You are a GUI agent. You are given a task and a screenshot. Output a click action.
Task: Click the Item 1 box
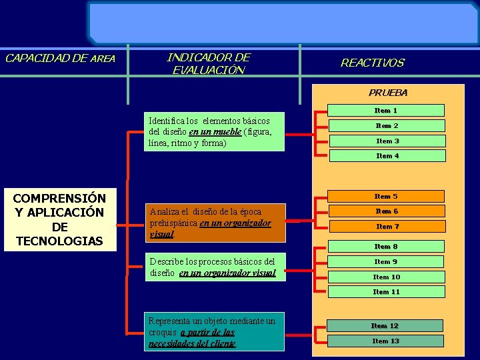pos(386,111)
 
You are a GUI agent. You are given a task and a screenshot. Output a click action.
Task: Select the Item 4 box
pos(387,156)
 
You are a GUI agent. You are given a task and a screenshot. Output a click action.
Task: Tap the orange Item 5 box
pos(386,197)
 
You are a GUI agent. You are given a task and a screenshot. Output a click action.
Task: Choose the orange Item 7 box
pos(387,227)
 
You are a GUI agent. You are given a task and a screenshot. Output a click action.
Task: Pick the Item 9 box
pos(386,262)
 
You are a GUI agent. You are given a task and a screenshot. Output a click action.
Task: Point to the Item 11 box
pos(387,292)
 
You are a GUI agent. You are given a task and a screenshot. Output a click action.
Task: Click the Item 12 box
pos(385,326)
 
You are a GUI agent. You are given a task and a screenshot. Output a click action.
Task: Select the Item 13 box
pos(385,341)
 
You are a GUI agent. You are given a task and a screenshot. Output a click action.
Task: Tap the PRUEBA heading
pos(388,93)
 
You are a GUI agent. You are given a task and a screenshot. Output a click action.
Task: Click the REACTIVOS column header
pos(372,63)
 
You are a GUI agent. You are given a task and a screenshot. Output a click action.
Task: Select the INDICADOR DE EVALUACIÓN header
pos(209,63)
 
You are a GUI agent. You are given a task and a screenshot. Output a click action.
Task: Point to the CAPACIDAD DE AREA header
pos(60,58)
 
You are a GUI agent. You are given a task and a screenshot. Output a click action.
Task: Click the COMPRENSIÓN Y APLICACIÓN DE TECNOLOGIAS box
pos(59,219)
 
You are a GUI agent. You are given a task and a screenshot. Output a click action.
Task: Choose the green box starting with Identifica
pos(215,132)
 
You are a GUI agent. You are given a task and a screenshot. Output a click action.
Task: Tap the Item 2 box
pos(387,126)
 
